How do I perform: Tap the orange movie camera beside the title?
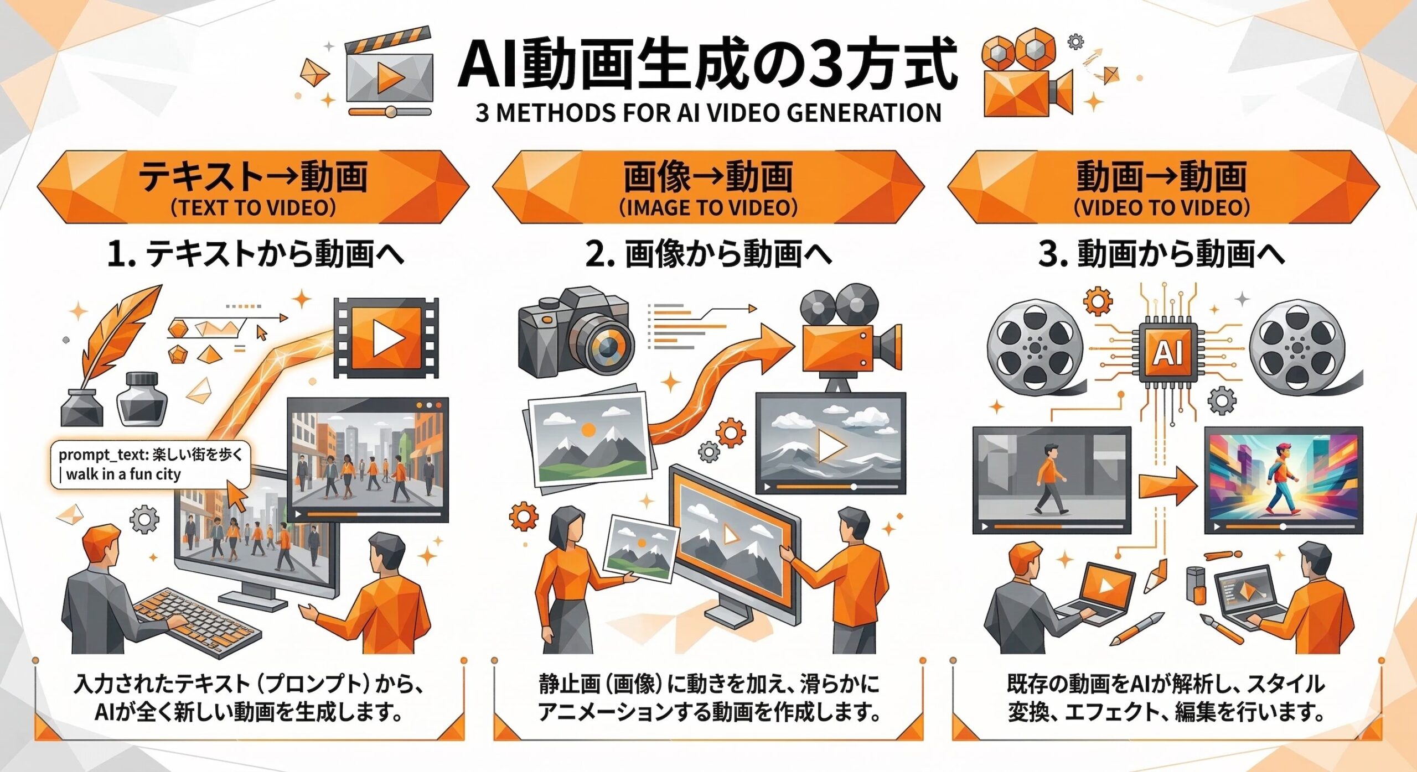pyautogui.click(x=1024, y=83)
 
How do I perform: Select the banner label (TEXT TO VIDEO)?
pyautogui.click(x=253, y=208)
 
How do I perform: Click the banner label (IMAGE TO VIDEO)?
pyautogui.click(x=708, y=208)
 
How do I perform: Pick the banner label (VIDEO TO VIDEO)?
pyautogui.click(x=1162, y=208)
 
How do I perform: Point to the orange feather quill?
pyautogui.click(x=119, y=332)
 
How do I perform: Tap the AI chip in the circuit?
pyautogui.click(x=1168, y=352)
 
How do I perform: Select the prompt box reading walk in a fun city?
pyautogui.click(x=149, y=465)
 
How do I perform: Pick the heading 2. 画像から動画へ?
pyautogui.click(x=708, y=254)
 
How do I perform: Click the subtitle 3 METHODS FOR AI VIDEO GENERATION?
pyautogui.click(x=708, y=113)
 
